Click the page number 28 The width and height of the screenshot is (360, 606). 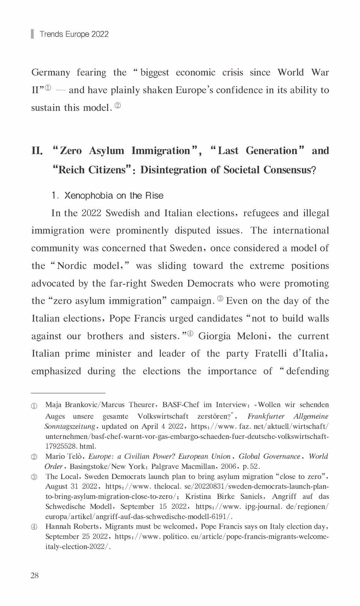(34, 575)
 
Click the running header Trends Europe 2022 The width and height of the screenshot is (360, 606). (74, 34)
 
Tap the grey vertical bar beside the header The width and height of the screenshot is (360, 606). (32, 34)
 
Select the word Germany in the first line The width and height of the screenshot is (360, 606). (50, 73)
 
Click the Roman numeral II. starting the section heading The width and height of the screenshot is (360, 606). (37, 151)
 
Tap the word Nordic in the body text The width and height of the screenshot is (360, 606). (72, 266)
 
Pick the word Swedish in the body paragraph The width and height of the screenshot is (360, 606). (122, 213)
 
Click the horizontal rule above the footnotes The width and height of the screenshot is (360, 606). (68, 393)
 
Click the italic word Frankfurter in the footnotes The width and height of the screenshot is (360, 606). (266, 416)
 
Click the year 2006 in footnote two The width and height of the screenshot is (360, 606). (229, 466)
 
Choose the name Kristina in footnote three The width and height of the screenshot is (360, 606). (198, 497)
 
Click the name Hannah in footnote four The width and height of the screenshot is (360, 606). (57, 527)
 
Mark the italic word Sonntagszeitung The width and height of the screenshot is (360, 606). (70, 427)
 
